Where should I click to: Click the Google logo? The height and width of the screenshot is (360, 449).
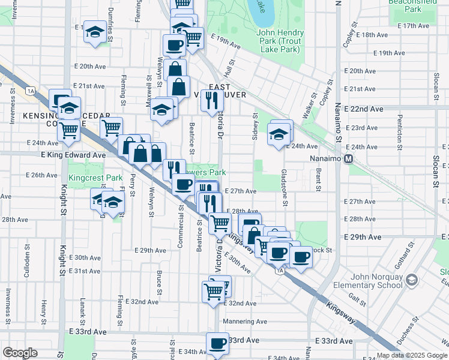point(20,353)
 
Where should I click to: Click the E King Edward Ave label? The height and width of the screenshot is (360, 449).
point(73,155)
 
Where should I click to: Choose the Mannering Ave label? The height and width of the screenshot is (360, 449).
point(244,321)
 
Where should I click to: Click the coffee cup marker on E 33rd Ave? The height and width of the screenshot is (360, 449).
point(218,344)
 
